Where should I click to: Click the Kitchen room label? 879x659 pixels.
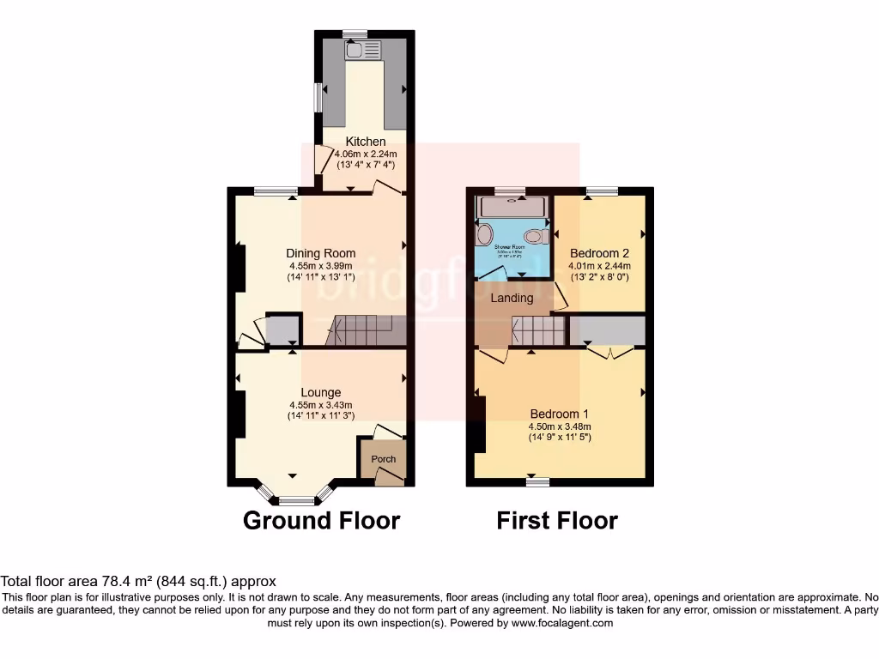(366, 142)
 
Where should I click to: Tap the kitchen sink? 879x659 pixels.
(355, 50)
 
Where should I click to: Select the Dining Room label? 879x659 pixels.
(320, 253)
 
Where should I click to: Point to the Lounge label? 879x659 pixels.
(320, 393)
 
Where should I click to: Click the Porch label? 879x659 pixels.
(383, 459)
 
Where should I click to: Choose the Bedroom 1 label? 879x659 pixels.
(560, 413)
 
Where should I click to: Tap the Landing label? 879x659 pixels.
(512, 298)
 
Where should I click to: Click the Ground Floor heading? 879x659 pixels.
(322, 521)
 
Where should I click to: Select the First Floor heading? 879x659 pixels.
(557, 521)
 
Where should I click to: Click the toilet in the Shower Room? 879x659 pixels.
(535, 236)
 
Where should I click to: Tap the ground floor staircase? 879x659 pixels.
(358, 329)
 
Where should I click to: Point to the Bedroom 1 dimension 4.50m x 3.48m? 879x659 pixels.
(560, 426)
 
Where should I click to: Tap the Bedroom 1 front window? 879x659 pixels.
(538, 482)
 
